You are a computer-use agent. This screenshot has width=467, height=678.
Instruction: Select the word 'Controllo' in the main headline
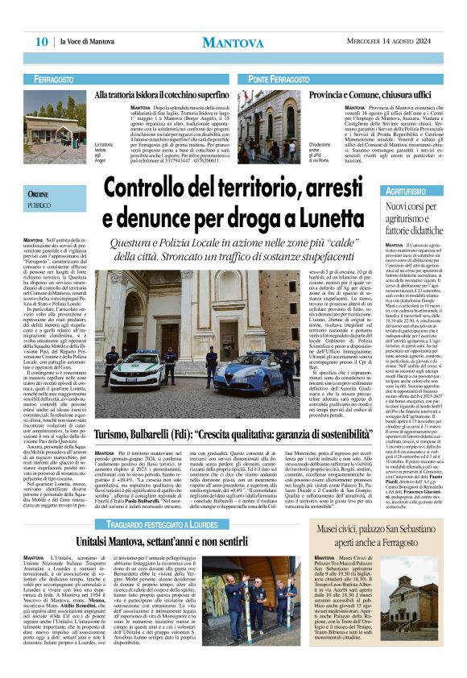(152, 188)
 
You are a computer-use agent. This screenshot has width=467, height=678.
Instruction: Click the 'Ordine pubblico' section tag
(42, 199)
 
